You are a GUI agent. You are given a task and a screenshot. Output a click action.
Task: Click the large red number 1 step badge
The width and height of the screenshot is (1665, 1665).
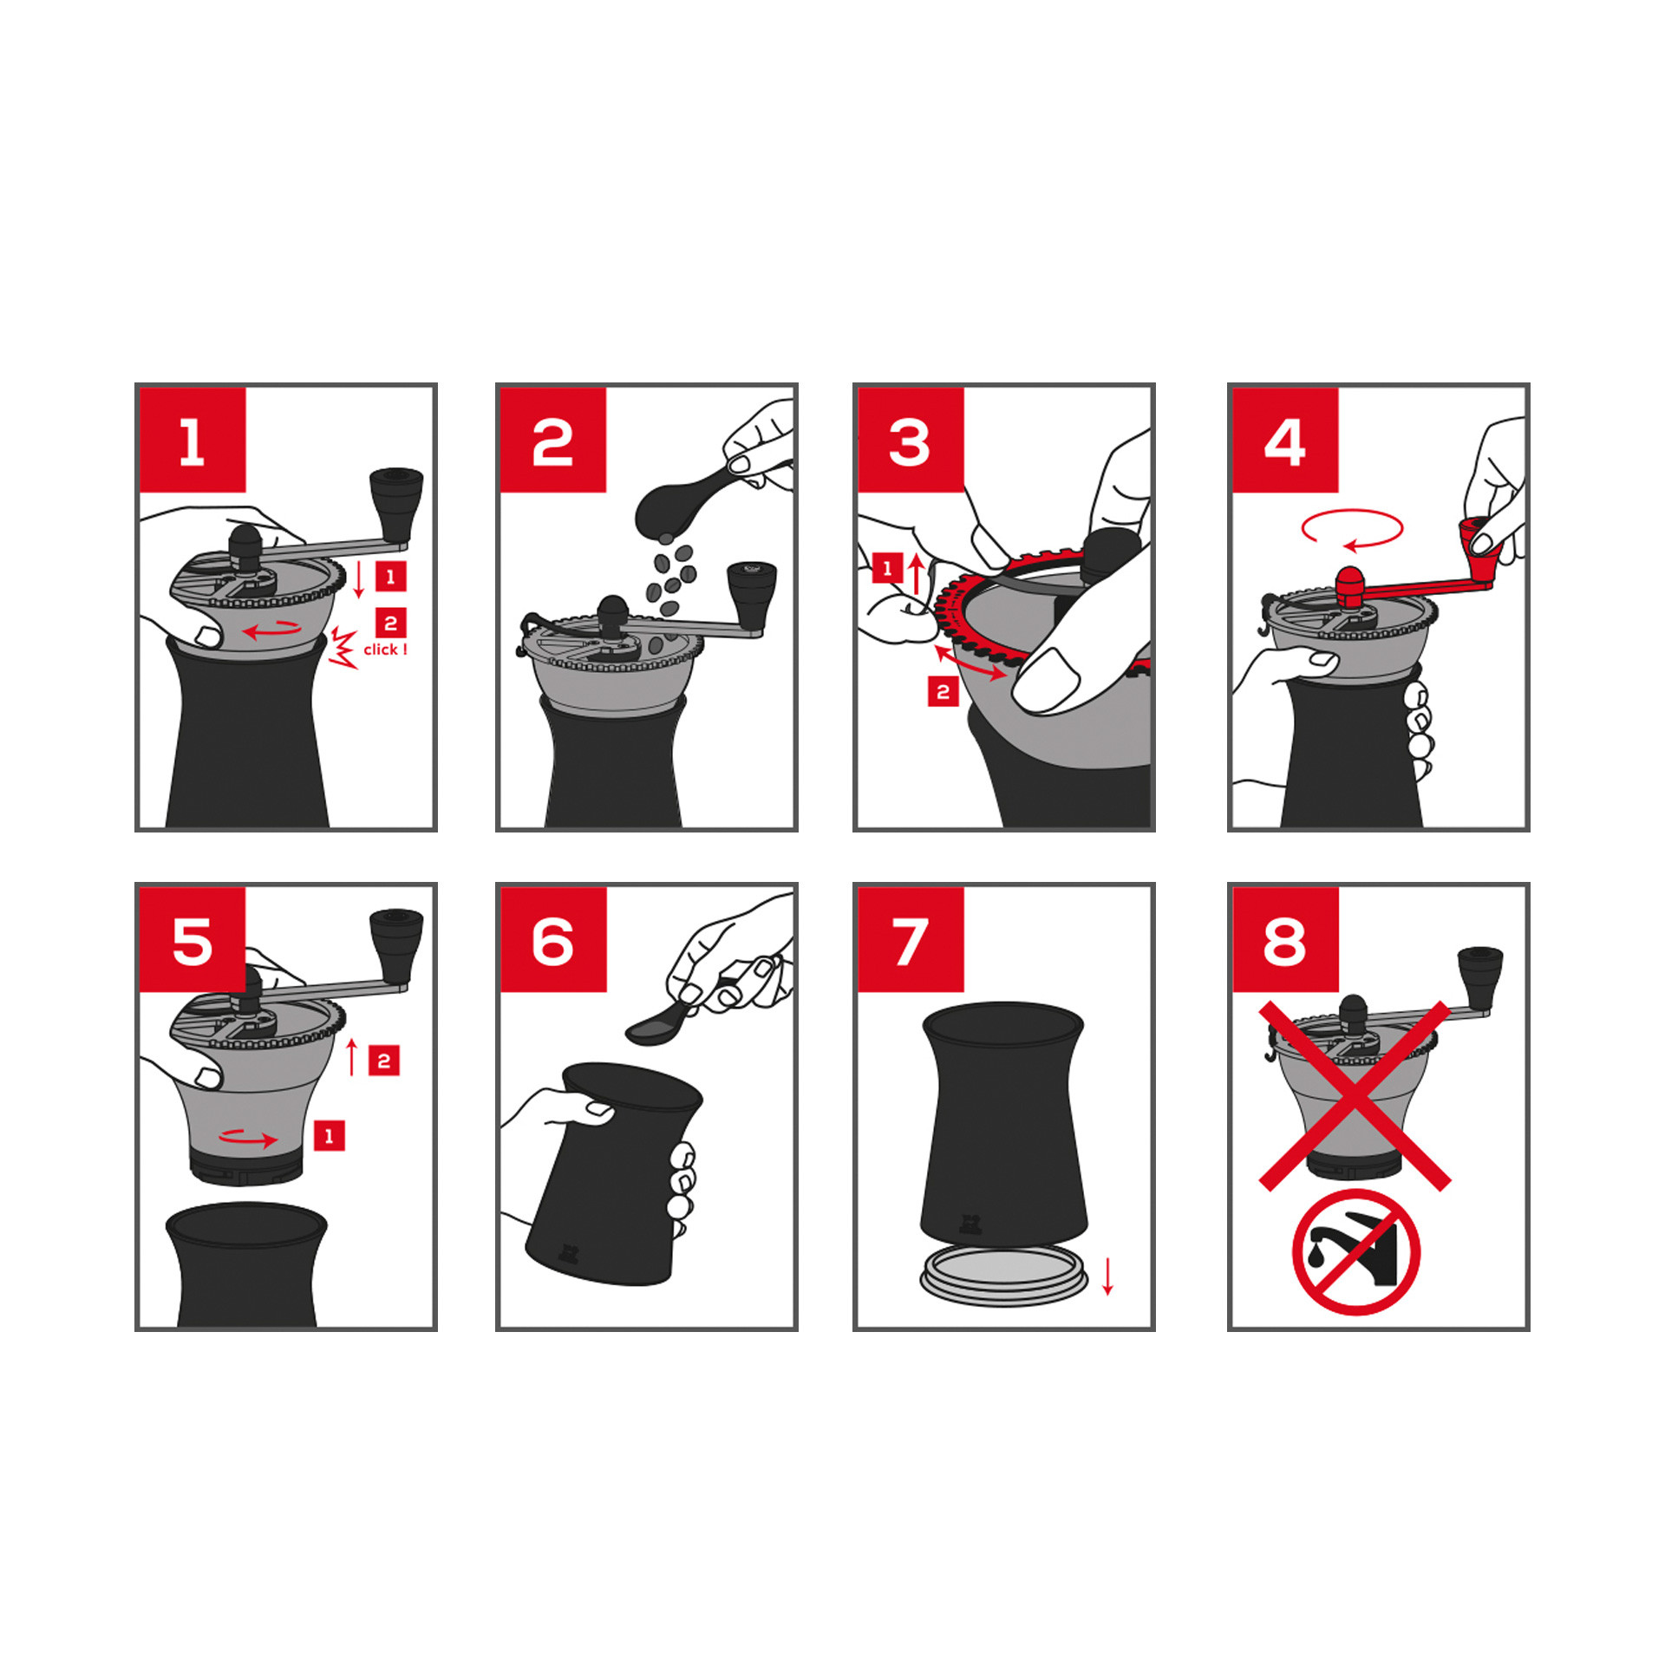193,440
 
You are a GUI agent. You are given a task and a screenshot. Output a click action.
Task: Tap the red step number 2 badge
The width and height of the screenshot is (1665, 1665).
552,440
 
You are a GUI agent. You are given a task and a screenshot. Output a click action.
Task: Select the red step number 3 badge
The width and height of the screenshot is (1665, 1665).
911,440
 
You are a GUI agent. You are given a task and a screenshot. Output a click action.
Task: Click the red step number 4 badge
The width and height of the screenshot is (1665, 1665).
1285,440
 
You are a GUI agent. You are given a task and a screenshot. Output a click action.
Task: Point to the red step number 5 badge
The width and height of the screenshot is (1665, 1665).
193,939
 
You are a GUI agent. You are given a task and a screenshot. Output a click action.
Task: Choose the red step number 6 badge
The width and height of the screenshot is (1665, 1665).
553,939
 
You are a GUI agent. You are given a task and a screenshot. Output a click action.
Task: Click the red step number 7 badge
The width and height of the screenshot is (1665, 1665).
911,939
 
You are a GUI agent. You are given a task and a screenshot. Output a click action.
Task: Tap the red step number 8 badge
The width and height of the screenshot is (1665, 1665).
1285,939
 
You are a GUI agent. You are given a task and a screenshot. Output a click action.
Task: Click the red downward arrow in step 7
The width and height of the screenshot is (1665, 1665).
1107,1276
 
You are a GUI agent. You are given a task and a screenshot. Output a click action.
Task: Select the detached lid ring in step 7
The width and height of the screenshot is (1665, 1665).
1003,1278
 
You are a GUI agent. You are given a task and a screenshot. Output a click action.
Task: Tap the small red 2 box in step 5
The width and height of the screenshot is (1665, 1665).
384,1061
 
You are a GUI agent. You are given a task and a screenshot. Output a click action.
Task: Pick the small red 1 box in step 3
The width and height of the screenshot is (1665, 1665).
887,568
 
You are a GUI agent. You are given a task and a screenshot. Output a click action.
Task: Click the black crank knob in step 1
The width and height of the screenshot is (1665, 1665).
396,504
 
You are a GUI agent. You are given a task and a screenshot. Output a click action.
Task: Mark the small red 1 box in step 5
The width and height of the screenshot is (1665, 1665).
329,1136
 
